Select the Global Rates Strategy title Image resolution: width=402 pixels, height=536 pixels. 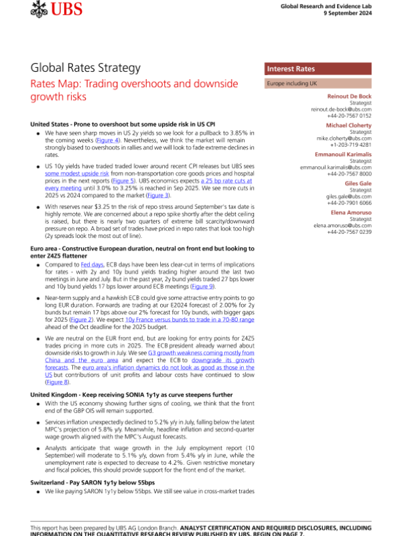(86, 68)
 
